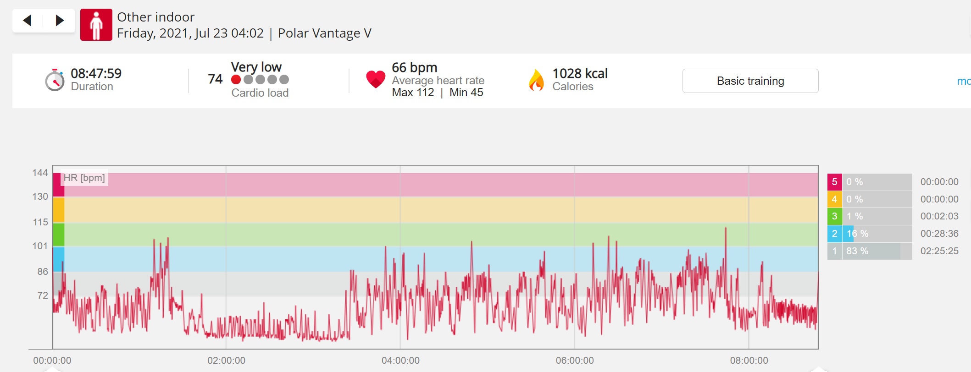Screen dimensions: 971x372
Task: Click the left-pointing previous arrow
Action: click(x=27, y=20)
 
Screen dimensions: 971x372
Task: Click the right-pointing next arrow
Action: click(x=60, y=20)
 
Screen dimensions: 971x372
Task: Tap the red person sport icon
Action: click(x=96, y=25)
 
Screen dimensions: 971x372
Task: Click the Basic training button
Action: click(x=750, y=81)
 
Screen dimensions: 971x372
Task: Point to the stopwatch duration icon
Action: click(x=55, y=80)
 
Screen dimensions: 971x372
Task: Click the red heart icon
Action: click(x=376, y=79)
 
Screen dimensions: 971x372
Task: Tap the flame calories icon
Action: click(x=536, y=80)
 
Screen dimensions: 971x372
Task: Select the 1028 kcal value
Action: click(x=580, y=73)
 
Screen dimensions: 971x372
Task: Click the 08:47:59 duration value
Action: click(x=96, y=73)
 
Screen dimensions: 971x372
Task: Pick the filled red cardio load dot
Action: click(x=236, y=80)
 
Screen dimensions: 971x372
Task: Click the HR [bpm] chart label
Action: click(x=84, y=178)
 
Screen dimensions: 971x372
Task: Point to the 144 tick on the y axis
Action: click(x=40, y=173)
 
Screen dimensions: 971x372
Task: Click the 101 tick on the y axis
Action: click(x=40, y=246)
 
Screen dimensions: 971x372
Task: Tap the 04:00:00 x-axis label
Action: click(x=400, y=361)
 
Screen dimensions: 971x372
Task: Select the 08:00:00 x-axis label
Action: click(x=749, y=361)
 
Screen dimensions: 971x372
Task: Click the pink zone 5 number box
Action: click(x=834, y=182)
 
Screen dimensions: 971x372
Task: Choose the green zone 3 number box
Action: click(x=834, y=216)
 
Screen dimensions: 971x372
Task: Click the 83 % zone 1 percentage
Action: click(x=857, y=251)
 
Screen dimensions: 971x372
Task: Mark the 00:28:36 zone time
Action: click(x=939, y=234)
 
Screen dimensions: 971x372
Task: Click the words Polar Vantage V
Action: click(x=325, y=33)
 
